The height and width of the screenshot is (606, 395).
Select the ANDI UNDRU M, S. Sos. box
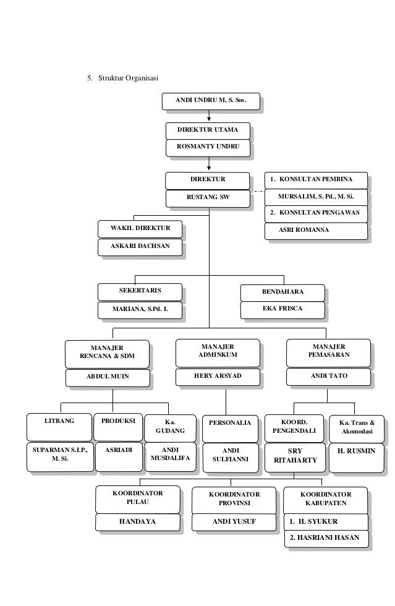tap(210, 101)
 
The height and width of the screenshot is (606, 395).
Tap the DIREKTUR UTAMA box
tap(208, 130)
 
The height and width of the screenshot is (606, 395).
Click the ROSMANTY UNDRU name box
tap(208, 147)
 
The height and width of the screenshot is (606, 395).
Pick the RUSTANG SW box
tap(208, 198)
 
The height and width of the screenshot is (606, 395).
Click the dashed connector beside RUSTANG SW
tap(258, 192)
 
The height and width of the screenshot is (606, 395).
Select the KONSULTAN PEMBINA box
tap(316, 180)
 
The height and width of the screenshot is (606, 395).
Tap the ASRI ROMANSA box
tap(316, 230)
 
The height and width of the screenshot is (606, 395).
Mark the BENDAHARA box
tap(282, 292)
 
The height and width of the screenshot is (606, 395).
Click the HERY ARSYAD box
tap(218, 376)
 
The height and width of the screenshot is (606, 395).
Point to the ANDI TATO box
tap(329, 376)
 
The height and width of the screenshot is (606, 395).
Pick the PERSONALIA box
tap(230, 423)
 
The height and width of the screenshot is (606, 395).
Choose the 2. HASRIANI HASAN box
tap(325, 538)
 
